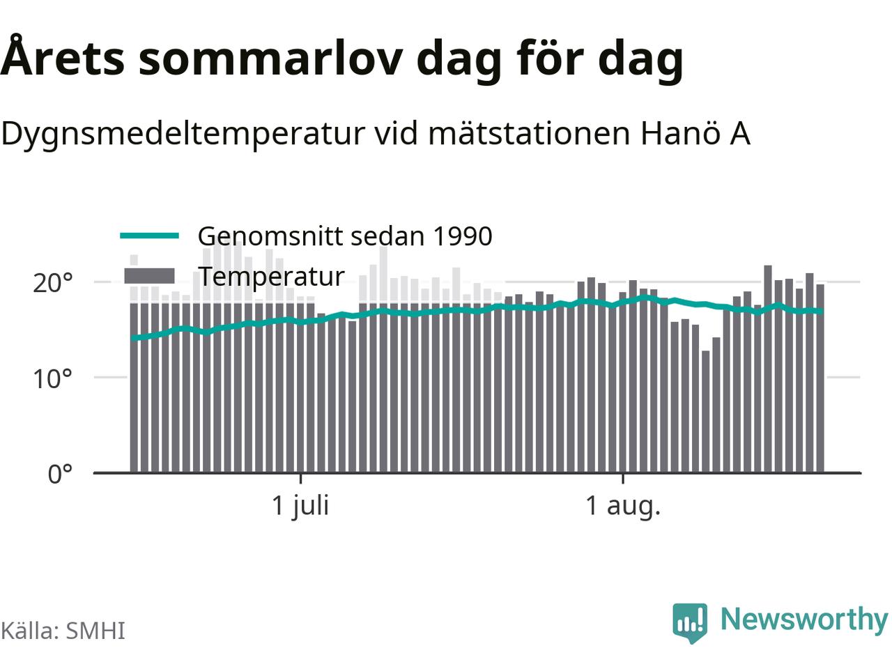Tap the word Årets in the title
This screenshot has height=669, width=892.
click(x=62, y=56)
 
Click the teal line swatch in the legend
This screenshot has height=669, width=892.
click(x=150, y=236)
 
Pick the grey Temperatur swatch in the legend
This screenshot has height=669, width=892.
click(x=150, y=276)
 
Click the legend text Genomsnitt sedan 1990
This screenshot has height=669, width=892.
click(x=345, y=236)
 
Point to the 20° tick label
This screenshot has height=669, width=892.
click(x=53, y=283)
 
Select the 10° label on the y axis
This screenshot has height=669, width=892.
click(x=53, y=379)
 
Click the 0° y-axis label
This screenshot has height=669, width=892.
click(x=60, y=474)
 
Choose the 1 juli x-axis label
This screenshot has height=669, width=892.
click(x=300, y=507)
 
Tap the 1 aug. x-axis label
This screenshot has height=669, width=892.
click(x=623, y=507)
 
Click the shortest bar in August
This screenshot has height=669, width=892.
click(x=705, y=411)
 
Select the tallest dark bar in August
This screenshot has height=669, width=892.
click(x=768, y=369)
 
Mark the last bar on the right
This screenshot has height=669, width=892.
click(x=820, y=378)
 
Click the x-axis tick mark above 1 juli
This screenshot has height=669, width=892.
click(x=300, y=479)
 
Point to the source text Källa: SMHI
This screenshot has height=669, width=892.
click(x=63, y=631)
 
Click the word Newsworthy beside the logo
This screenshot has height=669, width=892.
click(x=804, y=620)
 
